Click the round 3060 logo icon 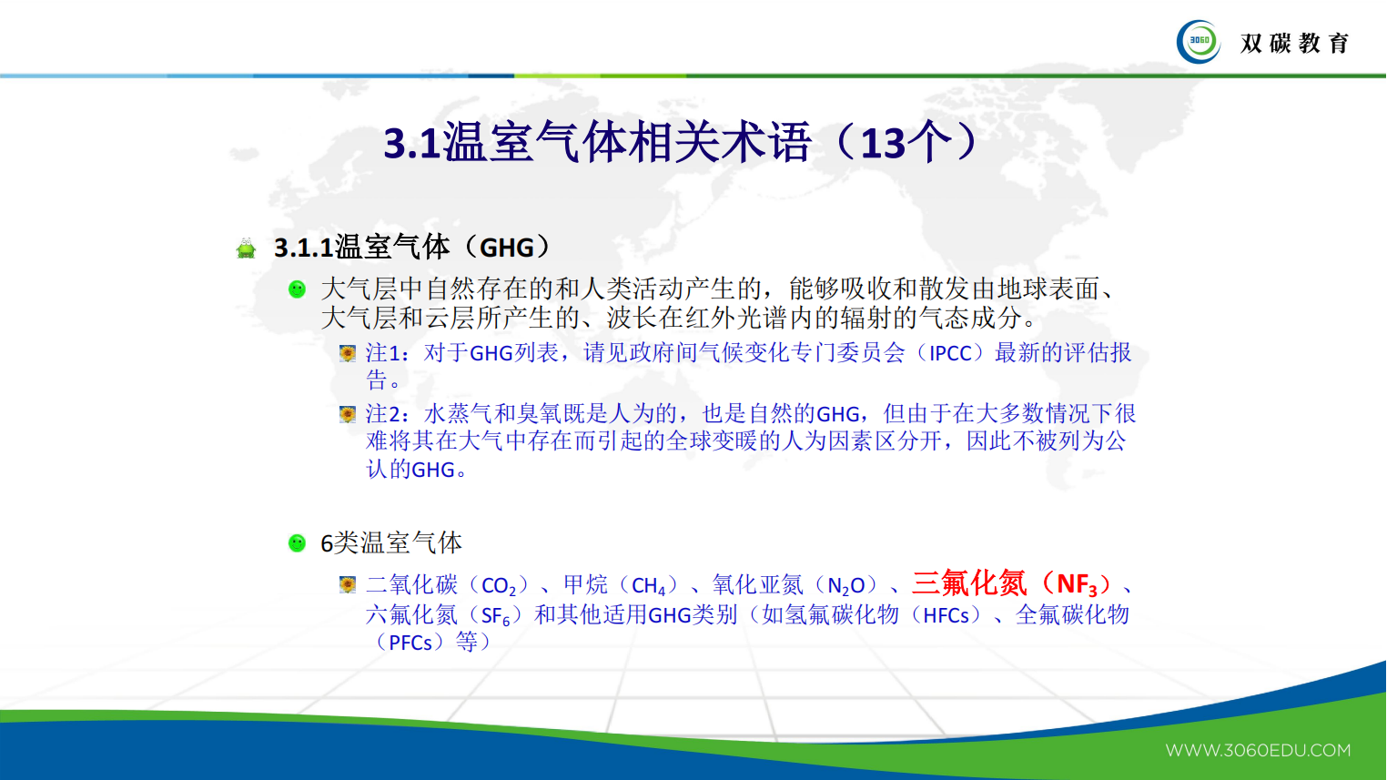(x=1199, y=42)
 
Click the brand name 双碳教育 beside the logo (x=1294, y=43)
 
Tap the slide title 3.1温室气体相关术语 (x=597, y=143)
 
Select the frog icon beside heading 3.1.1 (x=246, y=248)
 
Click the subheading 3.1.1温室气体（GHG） (x=412, y=247)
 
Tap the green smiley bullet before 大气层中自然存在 (x=297, y=289)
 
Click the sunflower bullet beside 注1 (x=347, y=353)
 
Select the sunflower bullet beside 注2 (x=347, y=415)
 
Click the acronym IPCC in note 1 (x=950, y=353)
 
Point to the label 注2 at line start (x=387, y=414)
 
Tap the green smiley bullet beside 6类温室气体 (x=297, y=543)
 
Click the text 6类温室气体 (x=391, y=543)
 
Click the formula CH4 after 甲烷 (x=649, y=586)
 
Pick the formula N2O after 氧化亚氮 (x=846, y=585)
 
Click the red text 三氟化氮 (x=969, y=583)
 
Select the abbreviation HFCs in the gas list (x=946, y=615)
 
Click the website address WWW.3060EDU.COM (x=1258, y=750)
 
